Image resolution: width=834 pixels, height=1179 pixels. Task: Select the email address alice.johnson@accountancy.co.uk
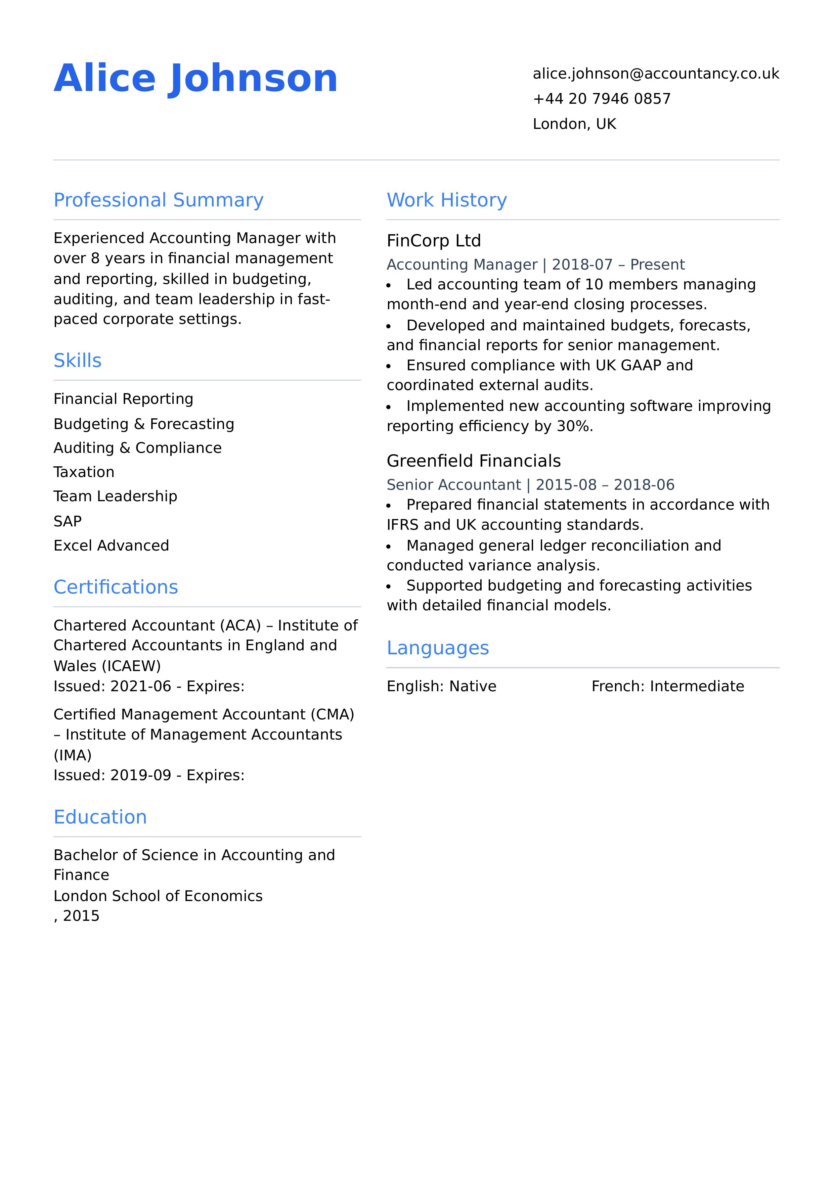click(656, 74)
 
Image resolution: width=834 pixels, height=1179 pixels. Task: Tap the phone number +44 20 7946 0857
click(602, 99)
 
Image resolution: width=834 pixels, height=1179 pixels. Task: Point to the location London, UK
click(574, 124)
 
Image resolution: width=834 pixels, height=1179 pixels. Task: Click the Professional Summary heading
click(158, 200)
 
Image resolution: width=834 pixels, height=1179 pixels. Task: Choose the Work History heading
click(446, 200)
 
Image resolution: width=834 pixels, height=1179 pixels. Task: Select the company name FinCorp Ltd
click(434, 241)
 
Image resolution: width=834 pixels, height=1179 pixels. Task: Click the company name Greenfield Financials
click(473, 461)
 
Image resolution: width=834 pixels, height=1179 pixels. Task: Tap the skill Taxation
click(84, 472)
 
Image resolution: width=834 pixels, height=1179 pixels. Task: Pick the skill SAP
click(67, 522)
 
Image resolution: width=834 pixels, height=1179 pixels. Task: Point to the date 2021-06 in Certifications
click(140, 687)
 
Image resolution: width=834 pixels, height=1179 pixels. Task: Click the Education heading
click(100, 817)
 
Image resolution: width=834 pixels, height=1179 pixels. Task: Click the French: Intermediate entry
click(667, 687)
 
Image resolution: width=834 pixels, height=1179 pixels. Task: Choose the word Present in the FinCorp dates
click(657, 265)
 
